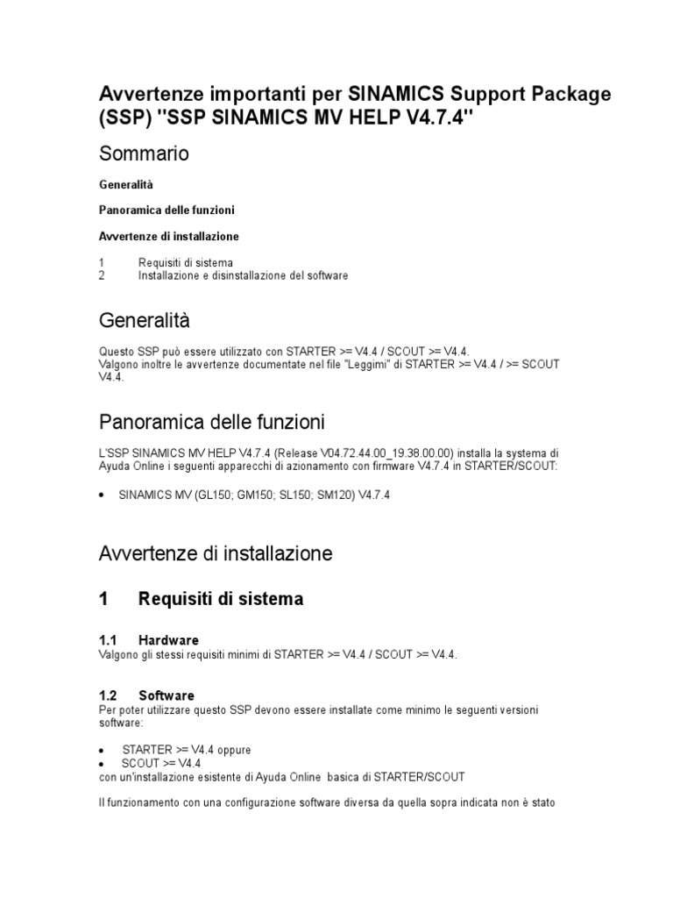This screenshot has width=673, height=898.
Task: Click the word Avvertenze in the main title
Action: [154, 94]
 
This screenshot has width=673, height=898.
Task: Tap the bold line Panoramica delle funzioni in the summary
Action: [166, 210]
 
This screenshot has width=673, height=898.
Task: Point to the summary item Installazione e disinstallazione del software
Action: [243, 275]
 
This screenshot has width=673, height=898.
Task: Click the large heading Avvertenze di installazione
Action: [215, 553]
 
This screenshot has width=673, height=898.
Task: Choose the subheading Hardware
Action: [168, 640]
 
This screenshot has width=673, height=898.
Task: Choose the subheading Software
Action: [166, 695]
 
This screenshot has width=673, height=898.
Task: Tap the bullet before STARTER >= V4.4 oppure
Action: [102, 751]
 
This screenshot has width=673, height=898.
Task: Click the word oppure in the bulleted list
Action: [232, 750]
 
